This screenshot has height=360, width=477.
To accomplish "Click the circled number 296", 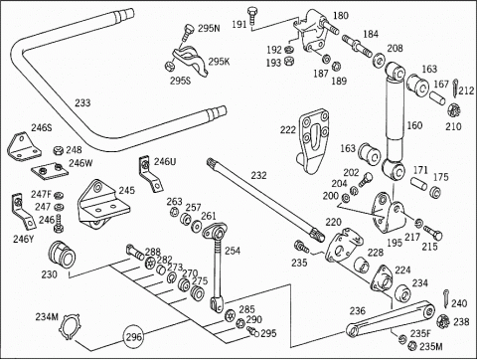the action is pos(134,337).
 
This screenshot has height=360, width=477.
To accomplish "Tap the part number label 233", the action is pos(82,102).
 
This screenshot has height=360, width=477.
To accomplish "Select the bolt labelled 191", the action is pos(252,15).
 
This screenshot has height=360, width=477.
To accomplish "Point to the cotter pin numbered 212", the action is pos(456,88).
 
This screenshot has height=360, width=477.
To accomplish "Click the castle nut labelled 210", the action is pos(453,111).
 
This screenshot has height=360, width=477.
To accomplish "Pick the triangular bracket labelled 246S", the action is pos(22,146).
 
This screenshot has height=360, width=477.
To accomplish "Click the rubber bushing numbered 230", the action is pos(62,256).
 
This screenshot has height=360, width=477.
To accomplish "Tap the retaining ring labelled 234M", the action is pos(70,328).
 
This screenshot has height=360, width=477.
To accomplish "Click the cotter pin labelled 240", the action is pos(446,298).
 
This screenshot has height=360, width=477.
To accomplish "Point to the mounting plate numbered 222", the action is pos(313,141).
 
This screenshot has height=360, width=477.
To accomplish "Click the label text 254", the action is pos(233,251).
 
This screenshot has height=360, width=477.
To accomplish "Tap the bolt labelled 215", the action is pos(432,233).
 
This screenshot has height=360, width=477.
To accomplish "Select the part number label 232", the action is pos(258,175).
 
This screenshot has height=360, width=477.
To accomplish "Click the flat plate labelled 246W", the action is pos(50,171).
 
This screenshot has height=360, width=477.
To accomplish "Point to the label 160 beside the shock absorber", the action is pos(414,125).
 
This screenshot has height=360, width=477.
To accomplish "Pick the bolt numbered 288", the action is pos(135,253).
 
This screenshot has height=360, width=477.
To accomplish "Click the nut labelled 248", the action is pos(59,150).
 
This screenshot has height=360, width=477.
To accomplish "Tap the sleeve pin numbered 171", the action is pos(419,184).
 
